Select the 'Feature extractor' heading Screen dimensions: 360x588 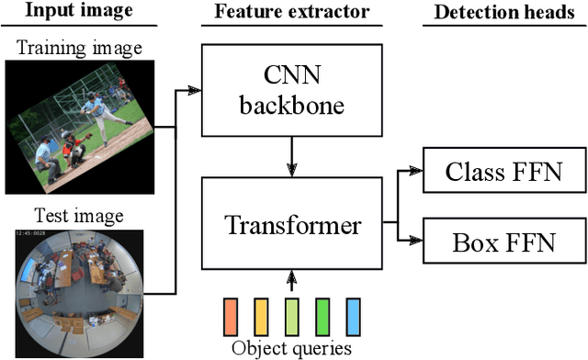click(291, 12)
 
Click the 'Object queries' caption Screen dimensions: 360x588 click(291, 348)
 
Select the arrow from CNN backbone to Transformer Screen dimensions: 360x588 click(291, 154)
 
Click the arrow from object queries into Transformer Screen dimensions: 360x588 click(291, 280)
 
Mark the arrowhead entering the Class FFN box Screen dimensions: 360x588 click(415, 171)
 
